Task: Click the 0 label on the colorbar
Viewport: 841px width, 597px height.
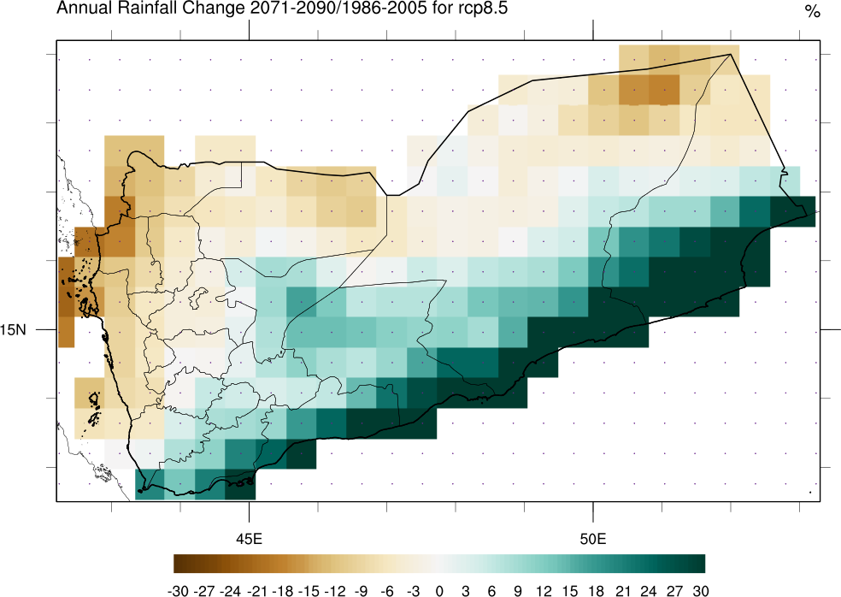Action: tap(439, 590)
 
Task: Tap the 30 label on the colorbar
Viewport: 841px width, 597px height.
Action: tap(701, 590)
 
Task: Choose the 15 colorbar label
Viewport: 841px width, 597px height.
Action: tap(570, 590)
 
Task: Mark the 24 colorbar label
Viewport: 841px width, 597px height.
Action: tap(649, 590)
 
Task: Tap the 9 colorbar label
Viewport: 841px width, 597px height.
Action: tap(518, 590)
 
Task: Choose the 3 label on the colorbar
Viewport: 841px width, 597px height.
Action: tap(466, 590)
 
